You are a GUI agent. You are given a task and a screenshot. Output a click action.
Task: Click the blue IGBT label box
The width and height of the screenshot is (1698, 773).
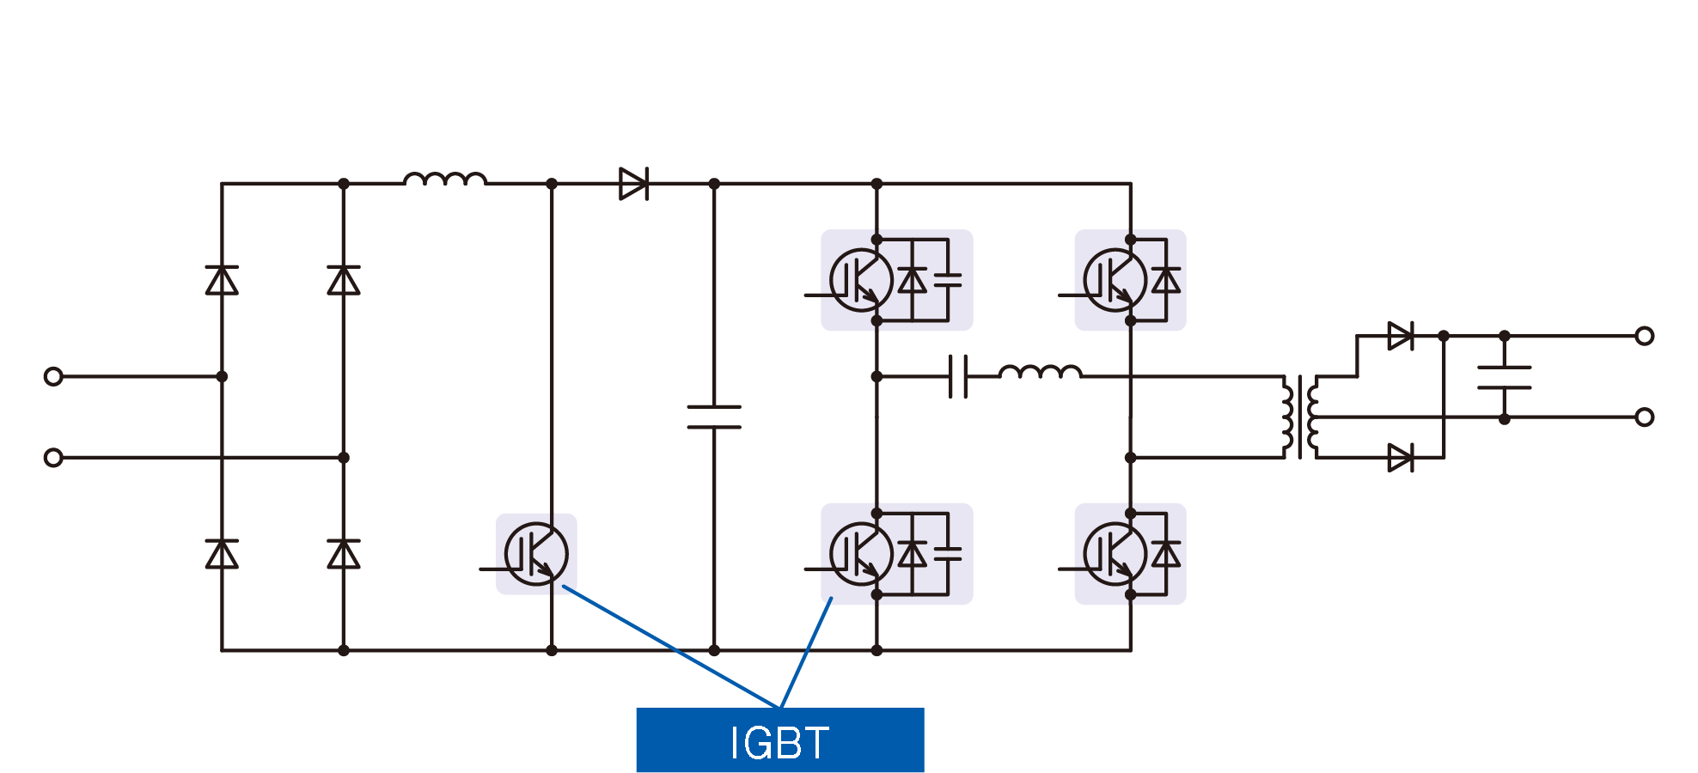pyautogui.click(x=779, y=740)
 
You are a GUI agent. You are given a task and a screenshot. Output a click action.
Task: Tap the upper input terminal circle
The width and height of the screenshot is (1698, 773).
pyautogui.click(x=53, y=376)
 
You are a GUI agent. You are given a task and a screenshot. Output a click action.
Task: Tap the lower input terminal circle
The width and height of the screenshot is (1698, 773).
pyautogui.click(x=53, y=458)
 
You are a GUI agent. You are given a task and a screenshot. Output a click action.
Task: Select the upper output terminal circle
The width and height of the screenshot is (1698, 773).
pyautogui.click(x=1644, y=336)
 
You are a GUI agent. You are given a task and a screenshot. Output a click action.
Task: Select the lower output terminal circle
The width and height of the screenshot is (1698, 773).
pyautogui.click(x=1644, y=417)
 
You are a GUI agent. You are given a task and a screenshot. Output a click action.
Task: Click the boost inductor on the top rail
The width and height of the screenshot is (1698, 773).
pyautogui.click(x=445, y=180)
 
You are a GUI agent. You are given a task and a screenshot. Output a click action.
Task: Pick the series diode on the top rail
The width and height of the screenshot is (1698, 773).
pyautogui.click(x=633, y=184)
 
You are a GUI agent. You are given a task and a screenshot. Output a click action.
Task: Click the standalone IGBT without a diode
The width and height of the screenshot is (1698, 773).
pyautogui.click(x=536, y=554)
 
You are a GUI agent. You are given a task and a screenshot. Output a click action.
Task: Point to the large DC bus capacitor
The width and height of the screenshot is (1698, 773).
pyautogui.click(x=714, y=417)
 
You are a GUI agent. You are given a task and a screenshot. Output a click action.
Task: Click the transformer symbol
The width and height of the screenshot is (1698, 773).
pyautogui.click(x=1300, y=417)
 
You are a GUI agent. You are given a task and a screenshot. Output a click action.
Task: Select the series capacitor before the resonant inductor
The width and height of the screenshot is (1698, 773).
pyautogui.click(x=958, y=376)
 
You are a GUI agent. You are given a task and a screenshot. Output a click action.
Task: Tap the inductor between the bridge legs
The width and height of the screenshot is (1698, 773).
pyautogui.click(x=1040, y=372)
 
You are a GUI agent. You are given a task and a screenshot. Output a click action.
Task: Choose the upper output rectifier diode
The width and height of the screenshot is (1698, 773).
pyautogui.click(x=1400, y=336)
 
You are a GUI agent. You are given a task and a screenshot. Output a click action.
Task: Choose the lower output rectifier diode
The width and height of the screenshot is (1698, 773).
pyautogui.click(x=1400, y=458)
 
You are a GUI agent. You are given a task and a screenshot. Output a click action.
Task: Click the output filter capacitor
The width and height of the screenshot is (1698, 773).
pyautogui.click(x=1504, y=377)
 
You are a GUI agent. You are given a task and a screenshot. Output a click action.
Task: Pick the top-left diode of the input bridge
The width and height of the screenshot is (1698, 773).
pyautogui.click(x=222, y=280)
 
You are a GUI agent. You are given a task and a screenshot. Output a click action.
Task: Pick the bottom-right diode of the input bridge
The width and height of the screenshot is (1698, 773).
pyautogui.click(x=344, y=554)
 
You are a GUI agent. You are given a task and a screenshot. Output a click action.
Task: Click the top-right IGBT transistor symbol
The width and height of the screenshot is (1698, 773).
pyautogui.click(x=1115, y=280)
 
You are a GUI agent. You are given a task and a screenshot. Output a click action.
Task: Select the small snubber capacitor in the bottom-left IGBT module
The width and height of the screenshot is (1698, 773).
pyautogui.click(x=948, y=554)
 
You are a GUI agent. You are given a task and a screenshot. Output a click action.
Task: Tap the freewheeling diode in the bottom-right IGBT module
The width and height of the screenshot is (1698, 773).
pyautogui.click(x=1166, y=554)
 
